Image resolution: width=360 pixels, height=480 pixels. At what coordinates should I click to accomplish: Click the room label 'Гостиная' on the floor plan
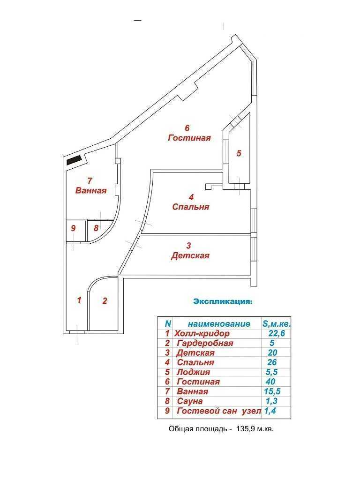[189, 138]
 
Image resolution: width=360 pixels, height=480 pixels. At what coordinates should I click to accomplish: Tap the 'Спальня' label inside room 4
[191, 207]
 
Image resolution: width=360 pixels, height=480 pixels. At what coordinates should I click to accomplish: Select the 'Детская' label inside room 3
[190, 255]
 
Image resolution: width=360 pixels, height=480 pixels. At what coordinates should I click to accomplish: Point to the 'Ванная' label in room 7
[91, 190]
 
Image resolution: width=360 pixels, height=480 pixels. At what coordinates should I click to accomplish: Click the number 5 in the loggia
[239, 153]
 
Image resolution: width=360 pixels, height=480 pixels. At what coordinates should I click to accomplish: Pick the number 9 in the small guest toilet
[73, 228]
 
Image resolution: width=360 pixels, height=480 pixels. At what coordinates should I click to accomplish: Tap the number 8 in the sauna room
[96, 228]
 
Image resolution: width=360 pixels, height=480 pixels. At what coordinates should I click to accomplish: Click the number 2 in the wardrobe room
[105, 300]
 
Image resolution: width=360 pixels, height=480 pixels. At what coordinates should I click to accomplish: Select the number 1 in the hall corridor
[79, 300]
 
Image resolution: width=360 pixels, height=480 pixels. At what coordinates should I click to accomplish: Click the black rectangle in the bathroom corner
[74, 160]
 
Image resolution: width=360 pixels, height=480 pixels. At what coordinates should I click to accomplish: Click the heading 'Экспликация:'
[223, 301]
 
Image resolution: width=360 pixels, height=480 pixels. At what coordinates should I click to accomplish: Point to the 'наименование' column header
[219, 323]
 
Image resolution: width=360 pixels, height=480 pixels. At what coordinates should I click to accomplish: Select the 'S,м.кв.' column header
[277, 323]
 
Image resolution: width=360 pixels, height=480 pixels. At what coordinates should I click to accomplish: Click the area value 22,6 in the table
[277, 333]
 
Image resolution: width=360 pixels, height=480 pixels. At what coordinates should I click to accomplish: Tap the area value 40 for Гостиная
[270, 382]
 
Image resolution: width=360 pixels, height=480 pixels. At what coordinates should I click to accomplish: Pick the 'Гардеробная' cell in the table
[205, 343]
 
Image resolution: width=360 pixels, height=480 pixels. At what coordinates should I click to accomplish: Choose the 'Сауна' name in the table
[190, 401]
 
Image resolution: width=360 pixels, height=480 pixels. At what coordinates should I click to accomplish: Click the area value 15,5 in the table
[272, 391]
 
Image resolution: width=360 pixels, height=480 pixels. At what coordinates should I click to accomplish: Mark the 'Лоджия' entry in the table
[194, 372]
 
